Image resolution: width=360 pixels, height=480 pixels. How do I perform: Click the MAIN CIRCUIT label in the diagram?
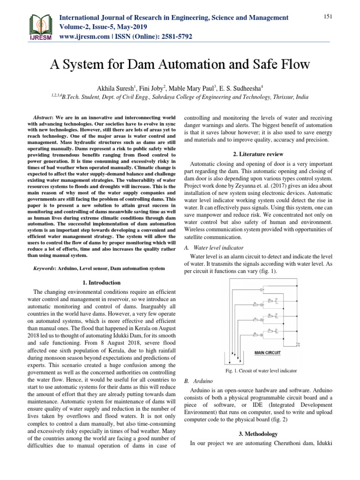(x=267, y=352)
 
